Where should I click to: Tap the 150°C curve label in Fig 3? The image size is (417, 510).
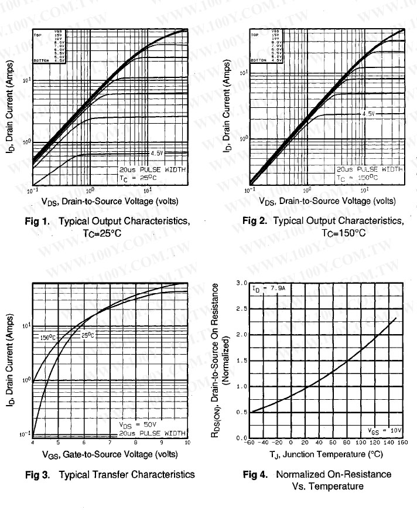47,337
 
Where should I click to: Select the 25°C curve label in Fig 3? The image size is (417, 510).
87,335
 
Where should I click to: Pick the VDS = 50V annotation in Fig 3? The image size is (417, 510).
139,425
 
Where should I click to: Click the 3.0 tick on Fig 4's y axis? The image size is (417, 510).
241,283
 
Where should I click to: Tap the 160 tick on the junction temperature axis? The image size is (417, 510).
402,443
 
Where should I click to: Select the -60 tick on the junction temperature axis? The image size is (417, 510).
250,443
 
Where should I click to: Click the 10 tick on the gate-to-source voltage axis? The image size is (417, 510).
187,443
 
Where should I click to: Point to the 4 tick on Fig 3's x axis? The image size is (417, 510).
33,443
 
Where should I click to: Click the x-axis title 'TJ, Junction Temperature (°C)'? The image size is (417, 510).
326,454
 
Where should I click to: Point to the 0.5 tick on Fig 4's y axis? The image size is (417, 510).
241,412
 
